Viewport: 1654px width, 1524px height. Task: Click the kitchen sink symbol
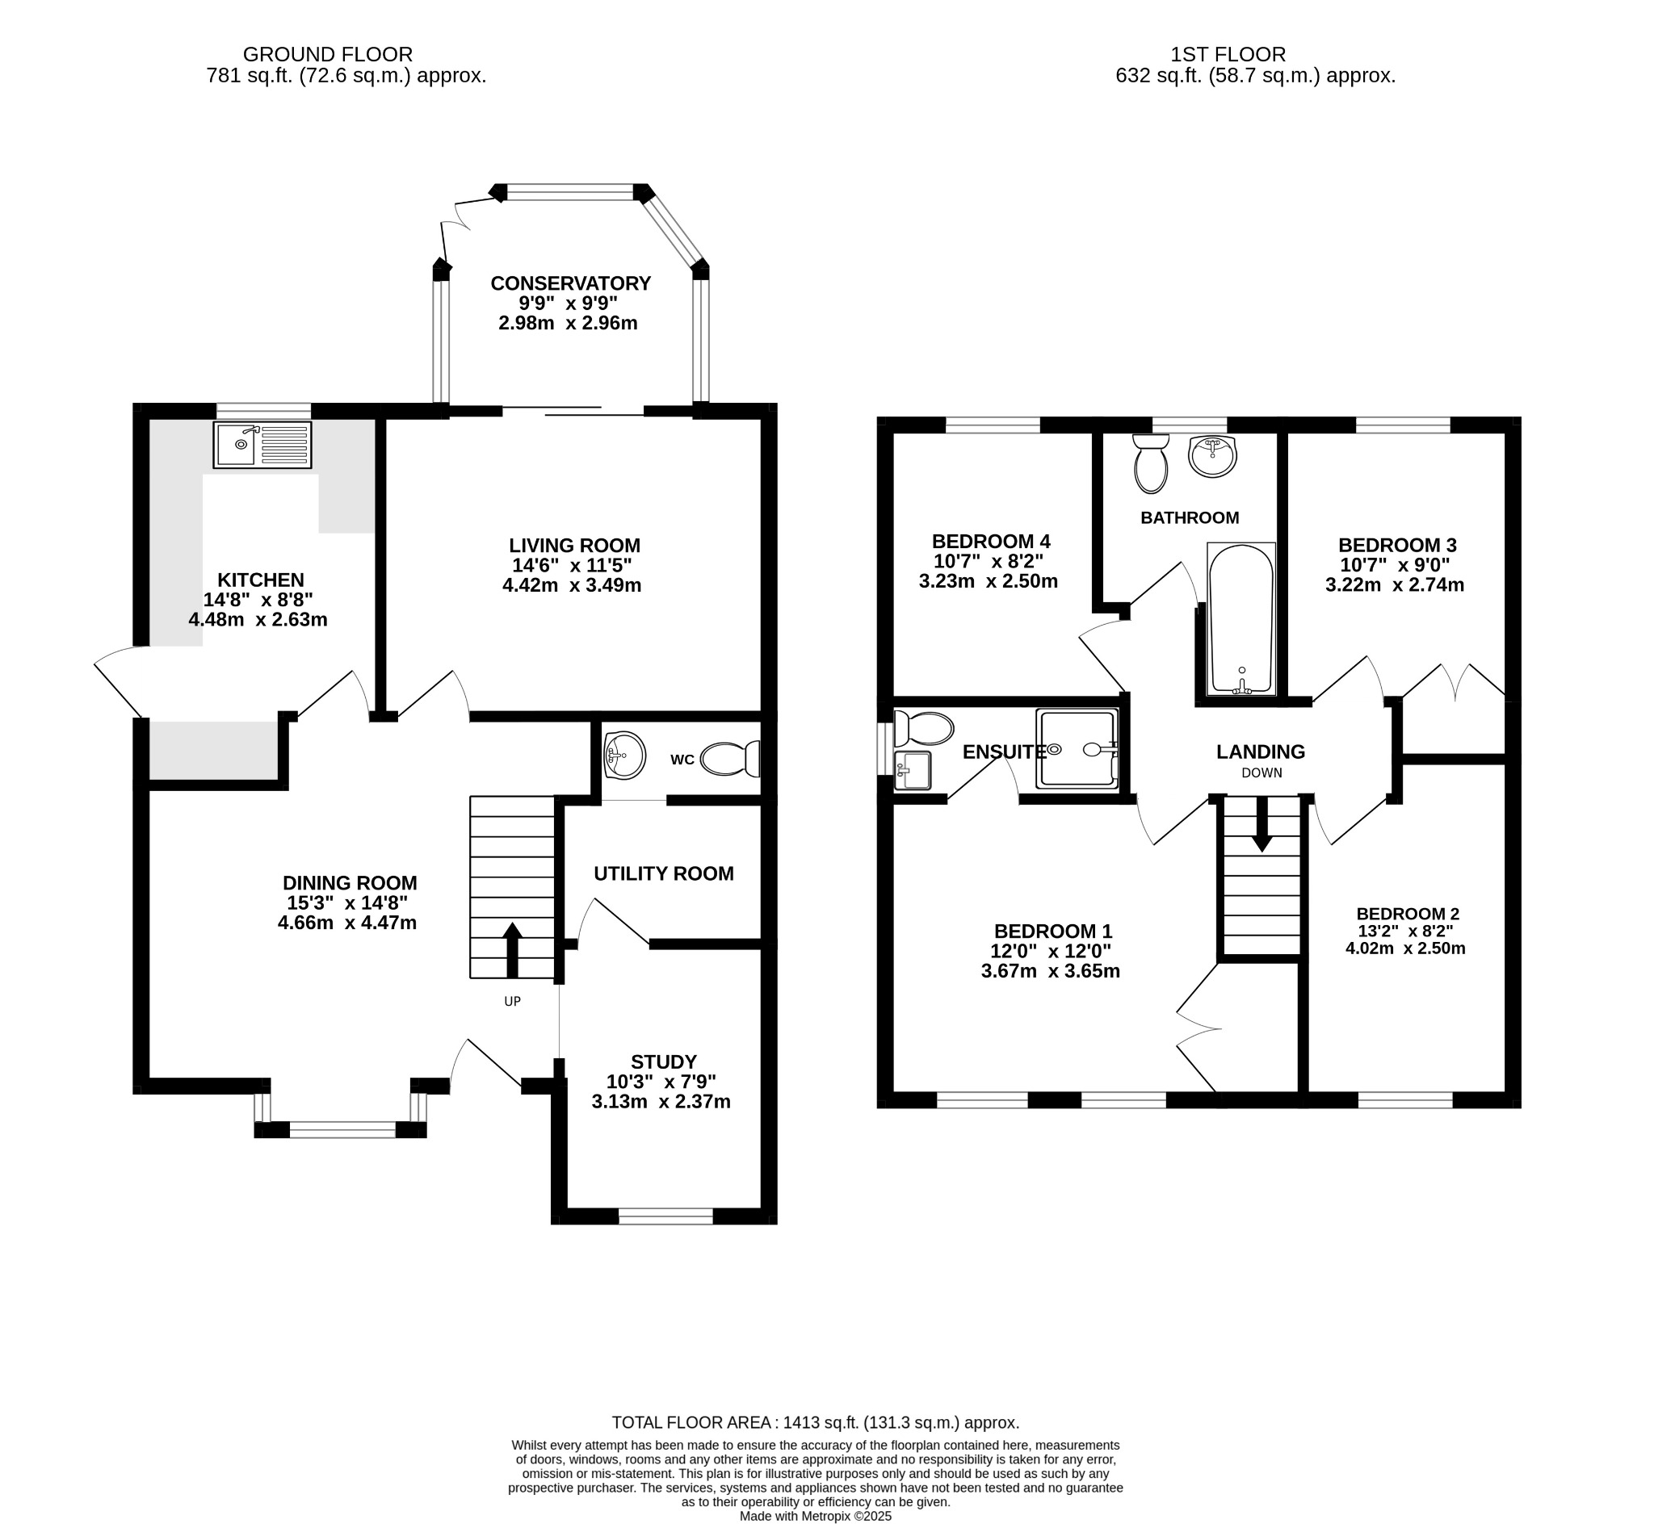[x=262, y=446]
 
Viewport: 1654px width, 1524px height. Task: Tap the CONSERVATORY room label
[x=570, y=283]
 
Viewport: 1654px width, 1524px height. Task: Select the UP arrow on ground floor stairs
[x=512, y=949]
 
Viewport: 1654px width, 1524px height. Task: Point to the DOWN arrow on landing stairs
[x=1261, y=825]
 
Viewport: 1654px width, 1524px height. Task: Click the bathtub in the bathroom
[x=1240, y=618]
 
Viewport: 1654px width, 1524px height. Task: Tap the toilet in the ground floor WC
[x=729, y=759]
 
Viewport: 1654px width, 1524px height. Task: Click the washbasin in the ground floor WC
[x=624, y=755]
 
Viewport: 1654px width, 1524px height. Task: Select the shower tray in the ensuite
[x=1077, y=748]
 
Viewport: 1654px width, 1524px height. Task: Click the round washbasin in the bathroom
[x=1213, y=456]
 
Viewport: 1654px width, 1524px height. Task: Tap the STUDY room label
[x=663, y=1062]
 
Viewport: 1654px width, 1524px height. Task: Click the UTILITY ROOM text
[x=663, y=873]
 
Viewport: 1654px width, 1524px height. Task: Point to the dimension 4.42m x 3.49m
[x=572, y=585]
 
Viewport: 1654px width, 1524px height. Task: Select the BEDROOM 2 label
[x=1408, y=914]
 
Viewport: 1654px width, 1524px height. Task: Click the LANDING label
[x=1261, y=752]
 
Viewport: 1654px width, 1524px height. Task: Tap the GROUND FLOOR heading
[x=328, y=54]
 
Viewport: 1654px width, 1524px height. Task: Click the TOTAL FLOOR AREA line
[x=815, y=1422]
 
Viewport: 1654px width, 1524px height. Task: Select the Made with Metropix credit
[x=815, y=1516]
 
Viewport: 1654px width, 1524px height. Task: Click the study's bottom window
[x=665, y=1216]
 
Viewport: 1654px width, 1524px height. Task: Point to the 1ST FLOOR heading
[x=1228, y=54]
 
